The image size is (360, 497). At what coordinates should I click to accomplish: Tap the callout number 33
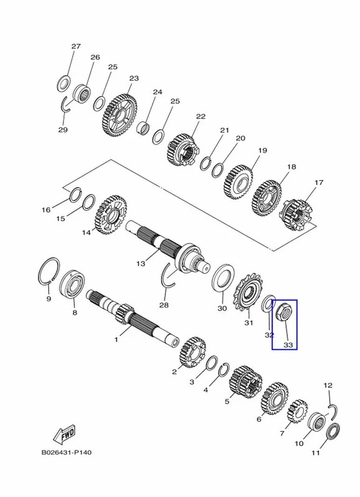(288, 345)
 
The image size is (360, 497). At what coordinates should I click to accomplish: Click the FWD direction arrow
(65, 434)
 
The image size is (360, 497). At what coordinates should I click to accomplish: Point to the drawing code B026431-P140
(67, 452)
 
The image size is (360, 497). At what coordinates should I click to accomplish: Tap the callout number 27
(76, 46)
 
